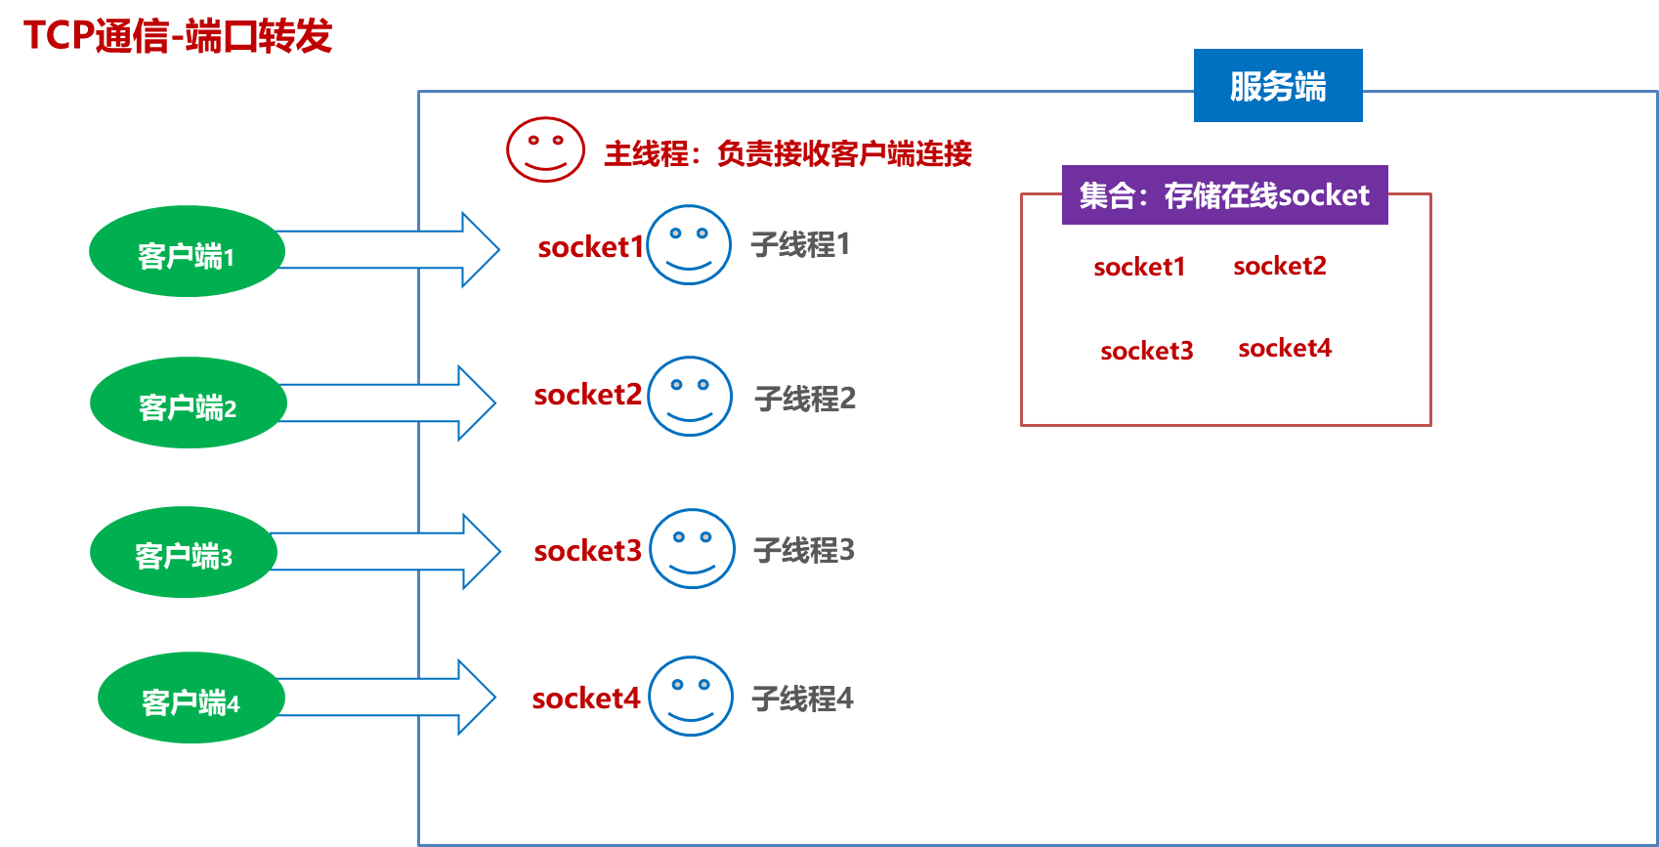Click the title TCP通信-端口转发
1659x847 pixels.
coord(177,36)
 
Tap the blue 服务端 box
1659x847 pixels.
coord(1277,86)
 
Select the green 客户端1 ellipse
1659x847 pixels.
coord(186,252)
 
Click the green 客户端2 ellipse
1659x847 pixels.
coord(187,403)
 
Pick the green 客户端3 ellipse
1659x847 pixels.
coord(183,553)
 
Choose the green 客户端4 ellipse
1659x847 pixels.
coord(191,699)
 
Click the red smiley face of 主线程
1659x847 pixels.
coord(545,149)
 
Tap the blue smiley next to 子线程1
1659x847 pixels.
coord(688,245)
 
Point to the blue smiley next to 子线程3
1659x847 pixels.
coord(692,549)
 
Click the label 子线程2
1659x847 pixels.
coord(805,399)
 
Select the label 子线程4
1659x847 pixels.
coord(802,699)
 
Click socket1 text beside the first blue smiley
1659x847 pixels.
coord(590,247)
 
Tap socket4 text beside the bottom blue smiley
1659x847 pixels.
coord(585,699)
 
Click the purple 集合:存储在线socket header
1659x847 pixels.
coord(1224,195)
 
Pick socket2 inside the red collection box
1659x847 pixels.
coord(1279,266)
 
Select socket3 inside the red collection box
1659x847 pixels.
coord(1146,351)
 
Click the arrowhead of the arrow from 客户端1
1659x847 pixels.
coord(480,249)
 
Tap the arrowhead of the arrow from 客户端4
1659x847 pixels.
coord(477,697)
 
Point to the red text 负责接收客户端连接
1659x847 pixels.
coord(844,153)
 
